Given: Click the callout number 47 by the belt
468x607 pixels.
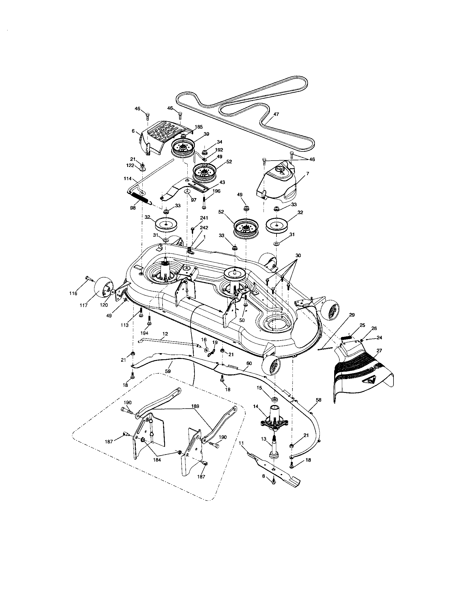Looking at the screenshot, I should point(276,114).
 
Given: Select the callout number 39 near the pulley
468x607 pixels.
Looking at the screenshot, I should point(206,134).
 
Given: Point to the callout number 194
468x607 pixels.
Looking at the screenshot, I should point(144,332).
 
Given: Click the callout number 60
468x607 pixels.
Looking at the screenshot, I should point(249,363).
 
